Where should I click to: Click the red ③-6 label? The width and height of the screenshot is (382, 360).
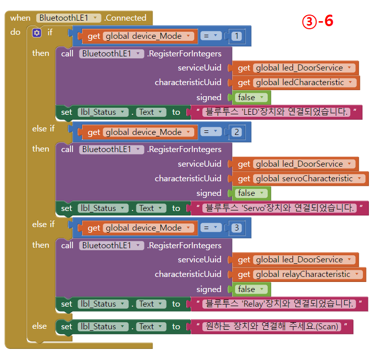click(x=317, y=21)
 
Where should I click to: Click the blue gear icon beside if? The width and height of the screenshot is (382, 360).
click(x=37, y=33)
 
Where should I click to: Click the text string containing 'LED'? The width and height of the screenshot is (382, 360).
click(x=275, y=112)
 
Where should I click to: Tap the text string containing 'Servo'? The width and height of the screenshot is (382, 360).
click(x=278, y=208)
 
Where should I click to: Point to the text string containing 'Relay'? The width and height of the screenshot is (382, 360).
click(x=278, y=304)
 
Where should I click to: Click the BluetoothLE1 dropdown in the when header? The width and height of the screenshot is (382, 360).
click(x=69, y=18)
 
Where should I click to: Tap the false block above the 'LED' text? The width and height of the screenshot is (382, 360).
click(x=250, y=97)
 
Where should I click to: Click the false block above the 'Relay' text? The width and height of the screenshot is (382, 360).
click(x=250, y=290)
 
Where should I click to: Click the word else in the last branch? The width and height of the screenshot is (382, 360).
click(x=40, y=326)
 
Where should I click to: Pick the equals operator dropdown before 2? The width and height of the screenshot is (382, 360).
click(x=210, y=132)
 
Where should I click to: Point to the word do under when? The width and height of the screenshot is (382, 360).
click(x=15, y=32)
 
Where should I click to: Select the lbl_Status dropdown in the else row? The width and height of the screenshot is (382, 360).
click(x=103, y=327)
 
